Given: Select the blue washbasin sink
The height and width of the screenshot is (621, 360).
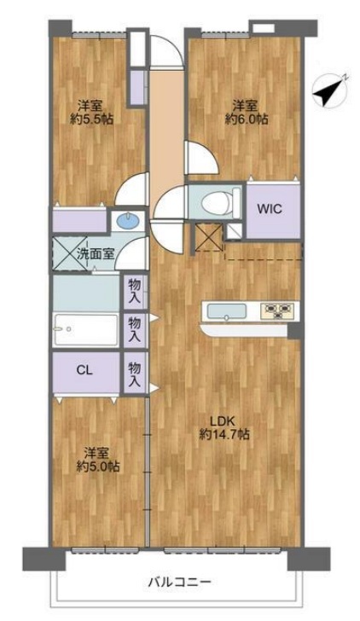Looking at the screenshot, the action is [x=128, y=221].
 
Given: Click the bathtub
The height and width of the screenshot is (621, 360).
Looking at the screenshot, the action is [x=85, y=329].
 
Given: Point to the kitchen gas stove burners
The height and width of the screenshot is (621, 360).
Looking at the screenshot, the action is [x=279, y=310].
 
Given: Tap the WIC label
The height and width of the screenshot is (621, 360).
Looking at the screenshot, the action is [x=270, y=209].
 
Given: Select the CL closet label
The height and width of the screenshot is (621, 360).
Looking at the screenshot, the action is [x=84, y=371].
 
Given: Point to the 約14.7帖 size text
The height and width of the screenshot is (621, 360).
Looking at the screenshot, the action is [x=224, y=434].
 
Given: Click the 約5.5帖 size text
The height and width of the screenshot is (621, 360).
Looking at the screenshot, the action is [x=91, y=119].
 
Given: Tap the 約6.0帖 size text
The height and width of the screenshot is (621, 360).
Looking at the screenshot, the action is [x=247, y=119].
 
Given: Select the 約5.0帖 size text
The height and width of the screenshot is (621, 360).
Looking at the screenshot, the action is [x=98, y=467].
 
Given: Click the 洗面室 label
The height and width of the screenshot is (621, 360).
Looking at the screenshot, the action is [x=96, y=254].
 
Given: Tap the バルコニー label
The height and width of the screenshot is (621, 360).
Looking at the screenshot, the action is [x=180, y=582].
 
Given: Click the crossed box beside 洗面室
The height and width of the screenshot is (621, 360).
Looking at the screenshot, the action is [x=70, y=253].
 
